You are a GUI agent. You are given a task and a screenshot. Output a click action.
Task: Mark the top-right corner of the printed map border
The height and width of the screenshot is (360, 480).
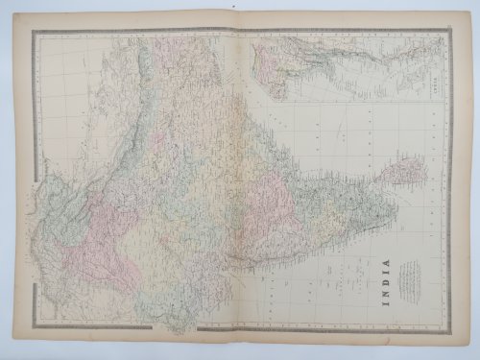(x=447, y=31)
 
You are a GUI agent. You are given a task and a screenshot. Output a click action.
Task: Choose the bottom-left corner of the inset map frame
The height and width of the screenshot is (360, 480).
(x=251, y=103)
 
